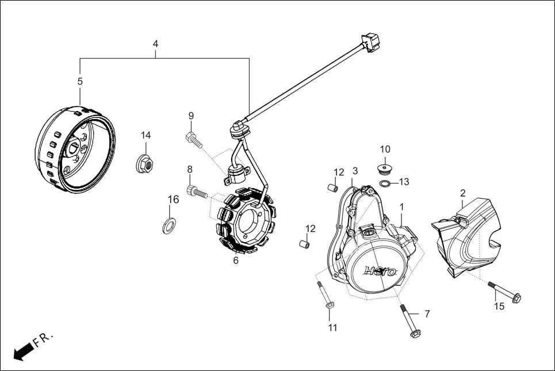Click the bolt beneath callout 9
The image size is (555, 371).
point(193,138)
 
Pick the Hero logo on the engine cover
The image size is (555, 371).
point(381,271)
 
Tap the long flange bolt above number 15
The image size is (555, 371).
point(504,291)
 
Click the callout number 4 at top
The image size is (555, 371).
point(155,44)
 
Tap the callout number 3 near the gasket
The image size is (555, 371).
point(355,171)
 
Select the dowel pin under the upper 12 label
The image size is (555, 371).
point(332,188)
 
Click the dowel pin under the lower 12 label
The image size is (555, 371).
point(304,244)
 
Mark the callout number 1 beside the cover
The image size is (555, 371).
point(401,206)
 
